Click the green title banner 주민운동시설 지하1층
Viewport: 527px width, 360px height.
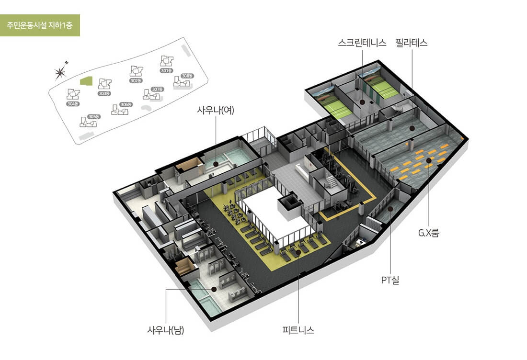pyautogui.click(x=40, y=25)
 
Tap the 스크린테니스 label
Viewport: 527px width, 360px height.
pyautogui.click(x=362, y=43)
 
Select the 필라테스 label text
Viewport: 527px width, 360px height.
pyautogui.click(x=412, y=43)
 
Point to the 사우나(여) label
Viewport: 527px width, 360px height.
pyautogui.click(x=216, y=110)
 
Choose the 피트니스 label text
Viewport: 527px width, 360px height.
pyautogui.click(x=298, y=330)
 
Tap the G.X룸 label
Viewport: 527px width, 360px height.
pyautogui.click(x=428, y=234)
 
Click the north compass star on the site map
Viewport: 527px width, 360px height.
pyautogui.click(x=60, y=72)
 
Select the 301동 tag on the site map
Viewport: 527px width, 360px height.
pyautogui.click(x=166, y=71)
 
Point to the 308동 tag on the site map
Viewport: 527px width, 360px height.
pyautogui.click(x=187, y=76)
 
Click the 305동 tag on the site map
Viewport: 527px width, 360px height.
pyautogui.click(x=94, y=117)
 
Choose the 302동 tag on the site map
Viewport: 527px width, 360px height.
pyautogui.click(x=136, y=81)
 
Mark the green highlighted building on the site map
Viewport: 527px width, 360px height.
pyautogui.click(x=86, y=81)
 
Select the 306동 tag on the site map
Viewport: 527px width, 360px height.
pyautogui.click(x=126, y=104)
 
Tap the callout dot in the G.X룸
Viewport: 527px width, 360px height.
pyautogui.click(x=429, y=174)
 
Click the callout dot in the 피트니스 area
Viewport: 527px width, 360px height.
pyautogui.click(x=298, y=250)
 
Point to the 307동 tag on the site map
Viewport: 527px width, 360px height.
pyautogui.click(x=157, y=89)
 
